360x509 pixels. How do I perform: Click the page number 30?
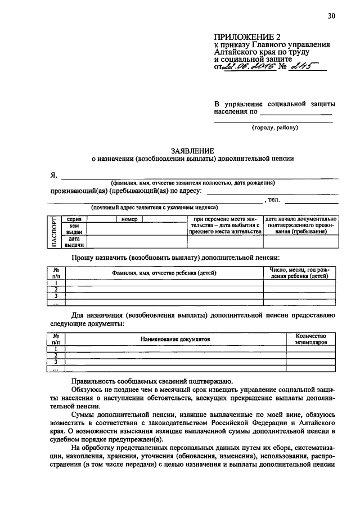click(331, 16)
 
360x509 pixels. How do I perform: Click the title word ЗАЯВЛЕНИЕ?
click(193, 150)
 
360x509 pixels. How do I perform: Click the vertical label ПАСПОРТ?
click(54, 232)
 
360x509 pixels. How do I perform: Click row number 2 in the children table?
click(56, 289)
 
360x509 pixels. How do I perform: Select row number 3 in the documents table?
click(56, 362)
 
